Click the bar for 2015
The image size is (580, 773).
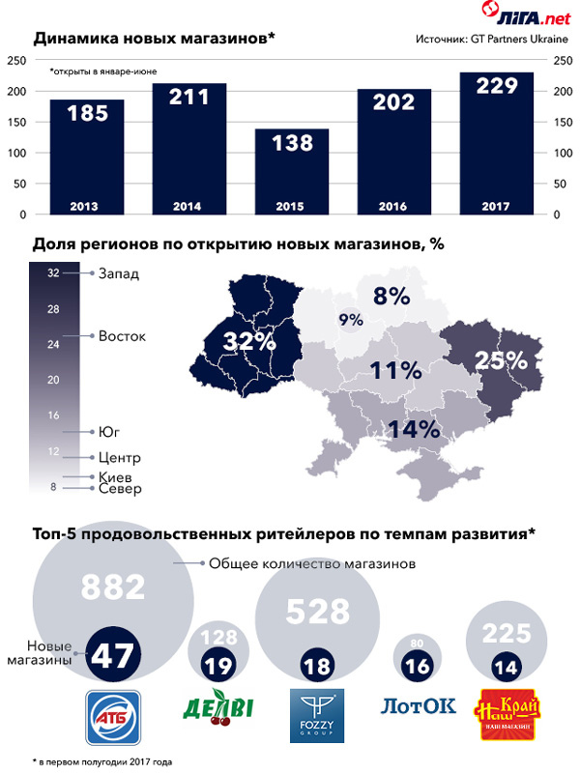tap(292, 171)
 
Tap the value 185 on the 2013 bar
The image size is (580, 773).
tap(87, 114)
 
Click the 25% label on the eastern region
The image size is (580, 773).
tap(500, 360)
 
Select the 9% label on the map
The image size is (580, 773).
tap(350, 320)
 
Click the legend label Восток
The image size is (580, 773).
tap(122, 336)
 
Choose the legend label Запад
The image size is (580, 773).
tap(119, 273)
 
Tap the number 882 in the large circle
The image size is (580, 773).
tap(113, 586)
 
